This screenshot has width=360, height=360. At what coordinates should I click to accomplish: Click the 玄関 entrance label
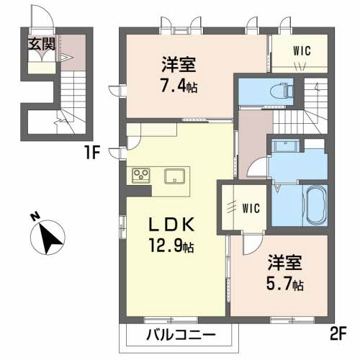42,44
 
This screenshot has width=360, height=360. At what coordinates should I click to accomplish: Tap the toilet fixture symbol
282,91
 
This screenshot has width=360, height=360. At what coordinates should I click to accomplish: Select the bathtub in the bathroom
315,205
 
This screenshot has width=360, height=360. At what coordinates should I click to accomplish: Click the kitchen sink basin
174,176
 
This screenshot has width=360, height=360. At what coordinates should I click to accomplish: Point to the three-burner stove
141,176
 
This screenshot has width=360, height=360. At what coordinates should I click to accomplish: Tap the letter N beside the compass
35,217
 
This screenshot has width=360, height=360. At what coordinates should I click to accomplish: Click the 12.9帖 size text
171,246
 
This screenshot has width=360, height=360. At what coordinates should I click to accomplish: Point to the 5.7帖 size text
284,284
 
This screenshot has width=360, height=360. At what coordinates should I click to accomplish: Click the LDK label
171,225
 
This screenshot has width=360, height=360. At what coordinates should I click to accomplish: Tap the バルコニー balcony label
181,334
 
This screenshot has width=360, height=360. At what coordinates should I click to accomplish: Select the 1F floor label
91,153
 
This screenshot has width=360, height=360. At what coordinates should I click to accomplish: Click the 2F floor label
338,334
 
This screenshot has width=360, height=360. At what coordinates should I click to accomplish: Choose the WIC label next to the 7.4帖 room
302,50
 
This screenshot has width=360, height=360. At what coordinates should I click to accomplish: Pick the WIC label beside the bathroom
251,208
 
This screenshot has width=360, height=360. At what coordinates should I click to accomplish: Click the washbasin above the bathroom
286,145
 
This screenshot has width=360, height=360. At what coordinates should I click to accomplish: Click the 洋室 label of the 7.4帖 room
179,64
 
